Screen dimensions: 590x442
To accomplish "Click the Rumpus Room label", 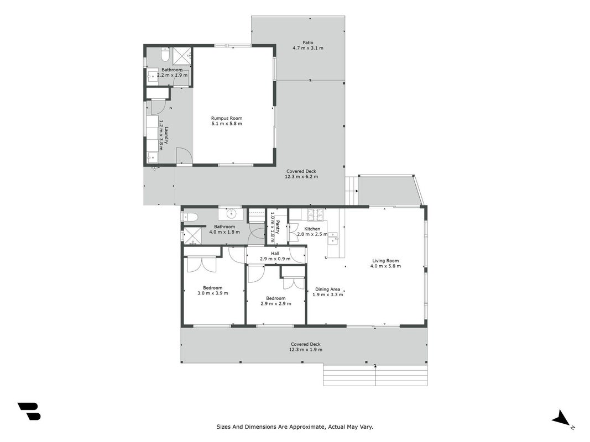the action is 227,118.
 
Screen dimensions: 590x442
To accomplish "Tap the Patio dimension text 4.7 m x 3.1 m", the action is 308,48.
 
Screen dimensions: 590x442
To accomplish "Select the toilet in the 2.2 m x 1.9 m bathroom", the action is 165,55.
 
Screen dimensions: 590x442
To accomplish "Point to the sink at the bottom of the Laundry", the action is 153,157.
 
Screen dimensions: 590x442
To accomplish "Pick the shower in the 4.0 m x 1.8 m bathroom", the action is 192,236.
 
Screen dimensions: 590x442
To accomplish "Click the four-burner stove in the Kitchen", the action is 316,214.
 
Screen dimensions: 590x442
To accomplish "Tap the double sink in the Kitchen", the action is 333,238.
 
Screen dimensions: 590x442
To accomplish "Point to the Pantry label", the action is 278,227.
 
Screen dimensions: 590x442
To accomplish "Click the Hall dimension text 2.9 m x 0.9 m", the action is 275,259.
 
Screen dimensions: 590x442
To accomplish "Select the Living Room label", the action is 385,260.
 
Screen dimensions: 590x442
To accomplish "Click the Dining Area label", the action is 328,290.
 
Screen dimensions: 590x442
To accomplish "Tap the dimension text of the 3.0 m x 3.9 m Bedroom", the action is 212,293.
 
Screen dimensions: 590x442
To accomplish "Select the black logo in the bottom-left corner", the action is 29,411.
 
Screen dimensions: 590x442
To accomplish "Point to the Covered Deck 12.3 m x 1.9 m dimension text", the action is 306,350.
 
